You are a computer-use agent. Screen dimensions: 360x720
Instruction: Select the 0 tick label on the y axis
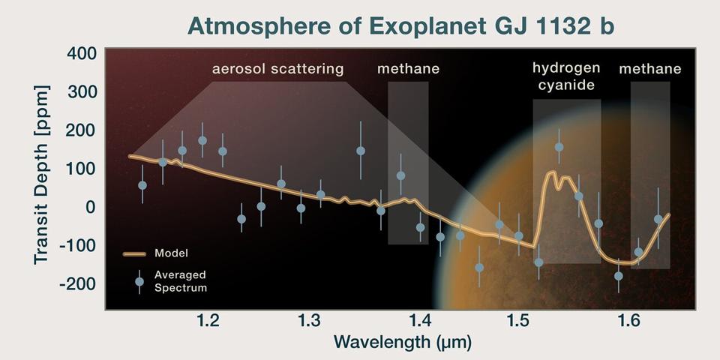(x=91, y=206)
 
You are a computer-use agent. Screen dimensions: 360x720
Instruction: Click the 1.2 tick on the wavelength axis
(x=208, y=322)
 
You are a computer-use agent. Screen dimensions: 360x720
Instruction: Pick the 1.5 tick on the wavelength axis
(x=517, y=322)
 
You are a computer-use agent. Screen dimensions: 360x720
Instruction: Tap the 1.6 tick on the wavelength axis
(x=619, y=322)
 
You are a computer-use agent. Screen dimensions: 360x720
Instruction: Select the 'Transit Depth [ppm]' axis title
(x=42, y=180)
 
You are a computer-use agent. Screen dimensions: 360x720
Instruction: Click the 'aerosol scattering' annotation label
(x=277, y=70)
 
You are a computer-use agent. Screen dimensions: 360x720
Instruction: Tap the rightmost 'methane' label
(x=649, y=70)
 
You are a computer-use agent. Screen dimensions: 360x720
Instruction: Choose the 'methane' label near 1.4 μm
(x=408, y=70)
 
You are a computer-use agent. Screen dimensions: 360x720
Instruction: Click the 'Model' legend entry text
(x=171, y=253)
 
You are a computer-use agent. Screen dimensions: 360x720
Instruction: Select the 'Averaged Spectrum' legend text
(x=180, y=281)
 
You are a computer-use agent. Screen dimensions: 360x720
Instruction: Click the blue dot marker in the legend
(x=139, y=282)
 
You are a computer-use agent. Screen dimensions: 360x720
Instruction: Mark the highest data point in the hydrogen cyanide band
(x=559, y=147)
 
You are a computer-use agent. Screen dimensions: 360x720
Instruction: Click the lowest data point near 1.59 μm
(x=619, y=276)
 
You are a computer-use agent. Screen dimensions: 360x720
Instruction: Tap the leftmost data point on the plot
(x=142, y=184)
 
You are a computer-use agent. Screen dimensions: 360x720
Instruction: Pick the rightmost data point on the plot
(x=658, y=219)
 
